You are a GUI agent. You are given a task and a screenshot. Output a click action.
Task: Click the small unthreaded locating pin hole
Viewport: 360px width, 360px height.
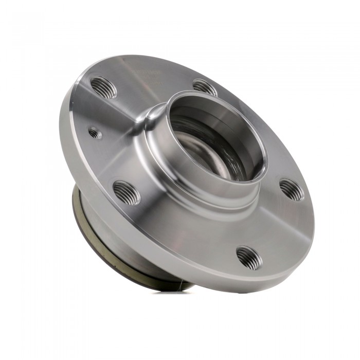click(x=94, y=133)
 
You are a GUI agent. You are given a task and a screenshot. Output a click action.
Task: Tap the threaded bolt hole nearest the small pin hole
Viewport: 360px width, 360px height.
click(x=103, y=87)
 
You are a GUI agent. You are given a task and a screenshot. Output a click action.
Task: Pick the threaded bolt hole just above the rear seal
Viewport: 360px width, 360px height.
click(x=126, y=193)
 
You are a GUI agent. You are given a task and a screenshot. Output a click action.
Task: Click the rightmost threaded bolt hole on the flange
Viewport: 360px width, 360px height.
click(x=292, y=190)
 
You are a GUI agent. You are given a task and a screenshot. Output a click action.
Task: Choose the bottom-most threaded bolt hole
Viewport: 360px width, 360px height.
click(x=248, y=256)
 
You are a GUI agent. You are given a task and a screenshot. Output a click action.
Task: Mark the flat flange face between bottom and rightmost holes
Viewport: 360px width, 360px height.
click(x=275, y=226)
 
